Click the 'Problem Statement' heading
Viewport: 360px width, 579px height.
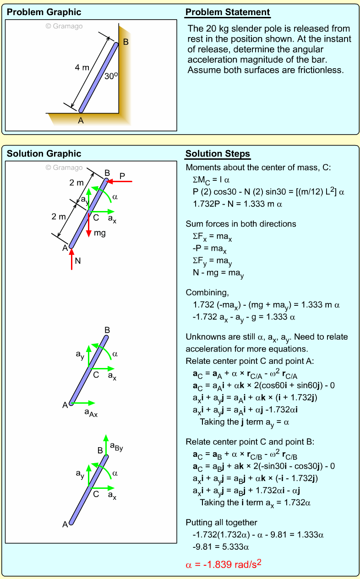(228, 12)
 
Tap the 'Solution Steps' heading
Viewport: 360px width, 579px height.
(218, 153)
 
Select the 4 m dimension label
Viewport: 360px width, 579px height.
(82, 68)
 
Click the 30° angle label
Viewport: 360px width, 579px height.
(111, 76)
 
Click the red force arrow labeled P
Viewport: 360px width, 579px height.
(120, 182)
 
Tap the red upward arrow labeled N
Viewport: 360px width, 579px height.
(72, 260)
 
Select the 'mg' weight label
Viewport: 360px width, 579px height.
(99, 233)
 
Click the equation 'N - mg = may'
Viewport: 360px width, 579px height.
(218, 274)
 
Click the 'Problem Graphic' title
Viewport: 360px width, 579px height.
(44, 12)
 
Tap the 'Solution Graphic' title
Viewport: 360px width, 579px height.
(44, 154)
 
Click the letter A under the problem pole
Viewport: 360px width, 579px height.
(81, 120)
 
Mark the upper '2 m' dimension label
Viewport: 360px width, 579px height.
(77, 183)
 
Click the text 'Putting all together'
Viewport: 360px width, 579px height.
(221, 522)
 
